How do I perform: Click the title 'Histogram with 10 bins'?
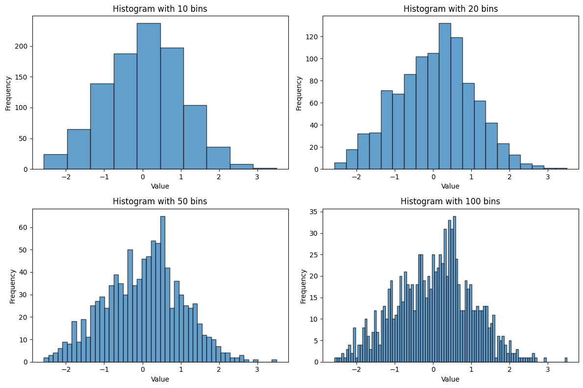pyautogui.click(x=160, y=9)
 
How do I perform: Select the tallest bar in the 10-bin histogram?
pyautogui.click(x=149, y=96)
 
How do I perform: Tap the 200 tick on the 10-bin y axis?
pyautogui.click(x=25, y=46)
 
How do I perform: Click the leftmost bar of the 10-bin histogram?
pyautogui.click(x=55, y=162)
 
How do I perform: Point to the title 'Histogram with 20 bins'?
pyautogui.click(x=451, y=9)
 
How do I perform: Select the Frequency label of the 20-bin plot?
pyautogui.click(x=299, y=92)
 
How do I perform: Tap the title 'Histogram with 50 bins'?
pyautogui.click(x=160, y=201)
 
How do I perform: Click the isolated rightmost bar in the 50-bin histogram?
pyautogui.click(x=274, y=360)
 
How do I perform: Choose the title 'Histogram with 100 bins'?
pyautogui.click(x=451, y=201)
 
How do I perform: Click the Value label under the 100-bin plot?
pyautogui.click(x=451, y=379)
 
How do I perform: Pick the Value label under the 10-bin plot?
pyautogui.click(x=160, y=187)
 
